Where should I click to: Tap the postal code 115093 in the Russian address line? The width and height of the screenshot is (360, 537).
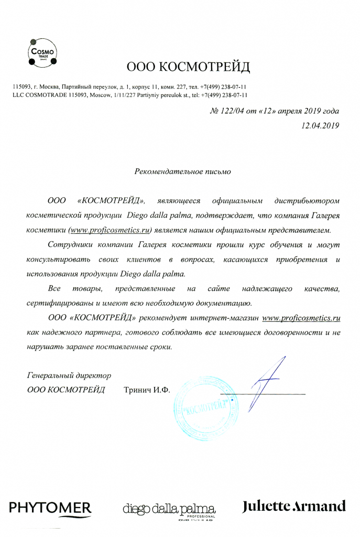[x=21, y=86]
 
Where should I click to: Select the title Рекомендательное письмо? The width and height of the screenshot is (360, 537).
[x=182, y=170]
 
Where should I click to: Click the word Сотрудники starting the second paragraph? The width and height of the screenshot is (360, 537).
[x=70, y=244]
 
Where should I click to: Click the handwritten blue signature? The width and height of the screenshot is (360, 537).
[x=265, y=385]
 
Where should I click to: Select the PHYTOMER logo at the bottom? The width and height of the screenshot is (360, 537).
[x=50, y=507]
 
